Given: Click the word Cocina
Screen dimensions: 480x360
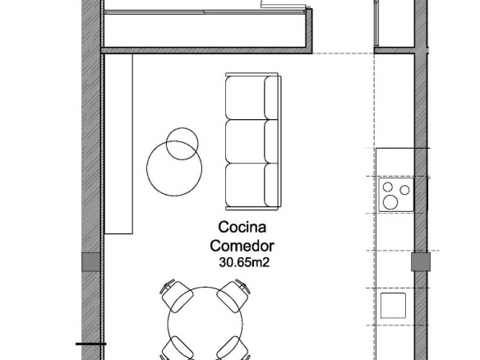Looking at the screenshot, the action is (x=242, y=227).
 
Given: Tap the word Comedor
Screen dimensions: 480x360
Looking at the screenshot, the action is (x=242, y=246).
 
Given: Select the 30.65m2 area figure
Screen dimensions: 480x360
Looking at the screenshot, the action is (x=244, y=262).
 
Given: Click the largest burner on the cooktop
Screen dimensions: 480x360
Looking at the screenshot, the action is (x=390, y=202).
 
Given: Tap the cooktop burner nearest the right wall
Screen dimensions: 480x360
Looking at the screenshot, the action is (x=404, y=190).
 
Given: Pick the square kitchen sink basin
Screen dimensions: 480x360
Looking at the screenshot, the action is (x=393, y=306).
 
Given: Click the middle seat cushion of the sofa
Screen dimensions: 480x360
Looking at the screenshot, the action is (x=245, y=141).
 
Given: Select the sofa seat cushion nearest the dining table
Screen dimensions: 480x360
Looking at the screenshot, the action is (x=245, y=185).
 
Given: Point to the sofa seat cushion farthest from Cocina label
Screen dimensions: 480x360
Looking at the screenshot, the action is (x=245, y=98).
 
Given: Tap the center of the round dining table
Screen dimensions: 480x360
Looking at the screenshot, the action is (x=205, y=323).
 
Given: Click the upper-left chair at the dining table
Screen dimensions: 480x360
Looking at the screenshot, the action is (x=176, y=295).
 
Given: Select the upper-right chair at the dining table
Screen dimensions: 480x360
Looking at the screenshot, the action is (x=233, y=295).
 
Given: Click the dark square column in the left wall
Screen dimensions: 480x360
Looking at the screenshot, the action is (x=91, y=261).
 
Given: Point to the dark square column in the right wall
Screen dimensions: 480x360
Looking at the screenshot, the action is (x=421, y=261).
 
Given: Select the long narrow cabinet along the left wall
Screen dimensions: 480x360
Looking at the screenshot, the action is (x=119, y=144).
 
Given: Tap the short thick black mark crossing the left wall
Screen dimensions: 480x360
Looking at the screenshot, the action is (x=91, y=344).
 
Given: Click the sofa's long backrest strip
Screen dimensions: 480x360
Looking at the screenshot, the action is (x=279, y=141).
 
